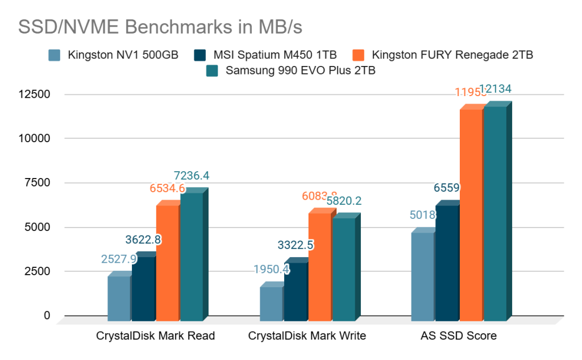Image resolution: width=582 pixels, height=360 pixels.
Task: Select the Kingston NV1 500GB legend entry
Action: pos(114,55)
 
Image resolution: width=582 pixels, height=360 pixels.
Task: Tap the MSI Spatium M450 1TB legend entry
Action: pos(265,55)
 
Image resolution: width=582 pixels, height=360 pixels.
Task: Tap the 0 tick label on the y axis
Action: pos(47,316)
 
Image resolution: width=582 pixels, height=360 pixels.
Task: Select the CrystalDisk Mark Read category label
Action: pos(155,336)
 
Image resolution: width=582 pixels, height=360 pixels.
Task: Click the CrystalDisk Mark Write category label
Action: pos(307,336)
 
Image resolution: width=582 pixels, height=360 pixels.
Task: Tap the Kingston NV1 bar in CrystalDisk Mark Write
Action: pos(271,301)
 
